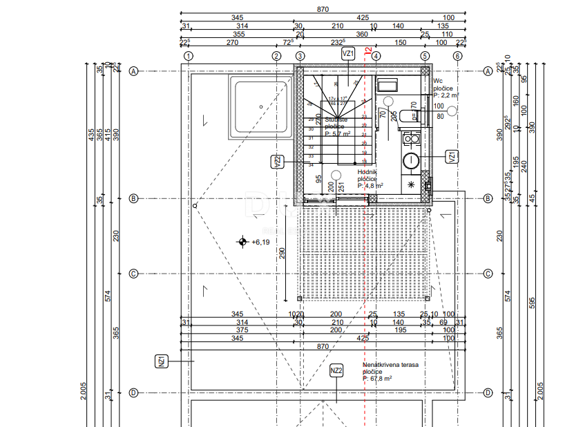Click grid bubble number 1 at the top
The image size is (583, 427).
(x=189, y=56)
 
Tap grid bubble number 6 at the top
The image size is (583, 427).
(x=457, y=56)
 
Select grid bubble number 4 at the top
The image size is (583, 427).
(x=376, y=56)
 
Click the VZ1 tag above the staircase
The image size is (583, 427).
(x=348, y=53)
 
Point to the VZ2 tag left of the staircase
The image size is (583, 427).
(x=277, y=162)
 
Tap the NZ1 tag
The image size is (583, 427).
(x=161, y=361)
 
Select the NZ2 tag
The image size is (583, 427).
(x=336, y=371)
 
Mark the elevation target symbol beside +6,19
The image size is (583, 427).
(x=242, y=242)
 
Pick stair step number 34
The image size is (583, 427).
(x=311, y=164)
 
